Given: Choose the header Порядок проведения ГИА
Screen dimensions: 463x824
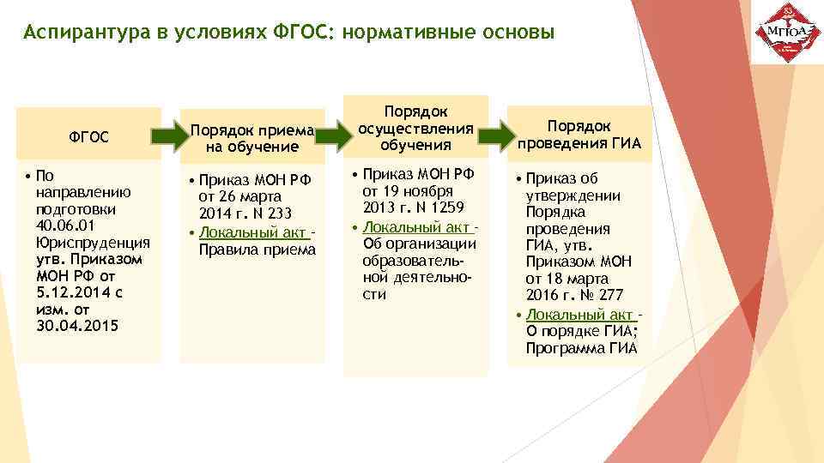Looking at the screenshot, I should [579, 134].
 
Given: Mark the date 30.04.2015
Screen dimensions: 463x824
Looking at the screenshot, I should [78, 326].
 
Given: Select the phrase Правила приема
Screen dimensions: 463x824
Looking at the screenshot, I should [257, 250].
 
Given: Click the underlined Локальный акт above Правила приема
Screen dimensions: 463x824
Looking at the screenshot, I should [254, 233].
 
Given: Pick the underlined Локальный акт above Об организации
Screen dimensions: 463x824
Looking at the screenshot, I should [417, 226].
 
